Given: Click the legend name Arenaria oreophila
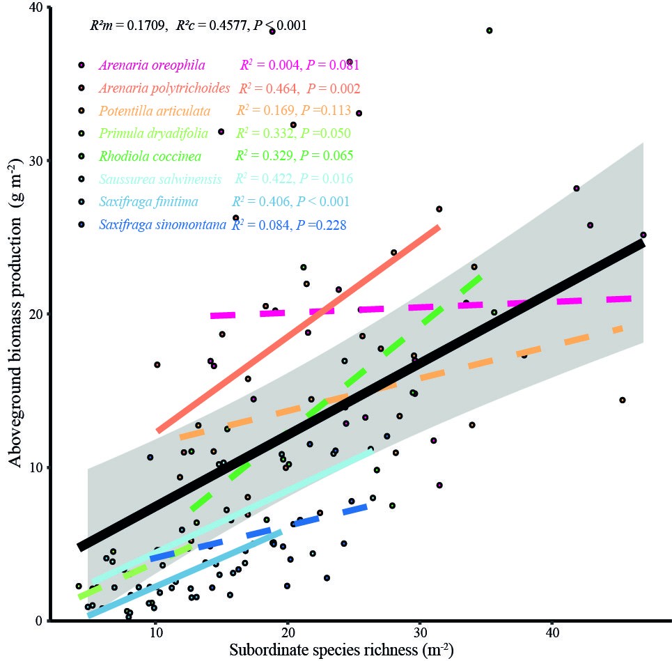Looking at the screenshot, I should (x=152, y=65).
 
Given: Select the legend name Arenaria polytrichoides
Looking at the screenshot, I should (x=164, y=88).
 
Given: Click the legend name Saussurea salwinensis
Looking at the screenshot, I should (x=160, y=179).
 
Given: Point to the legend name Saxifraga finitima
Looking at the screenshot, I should (x=148, y=202).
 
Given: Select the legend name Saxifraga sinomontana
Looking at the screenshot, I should (x=163, y=225).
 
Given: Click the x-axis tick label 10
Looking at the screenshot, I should (x=155, y=635).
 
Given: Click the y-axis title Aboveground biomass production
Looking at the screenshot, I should (x=17, y=313).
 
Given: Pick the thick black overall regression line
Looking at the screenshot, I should (x=362, y=395).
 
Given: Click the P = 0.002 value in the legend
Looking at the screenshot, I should (x=334, y=88).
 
